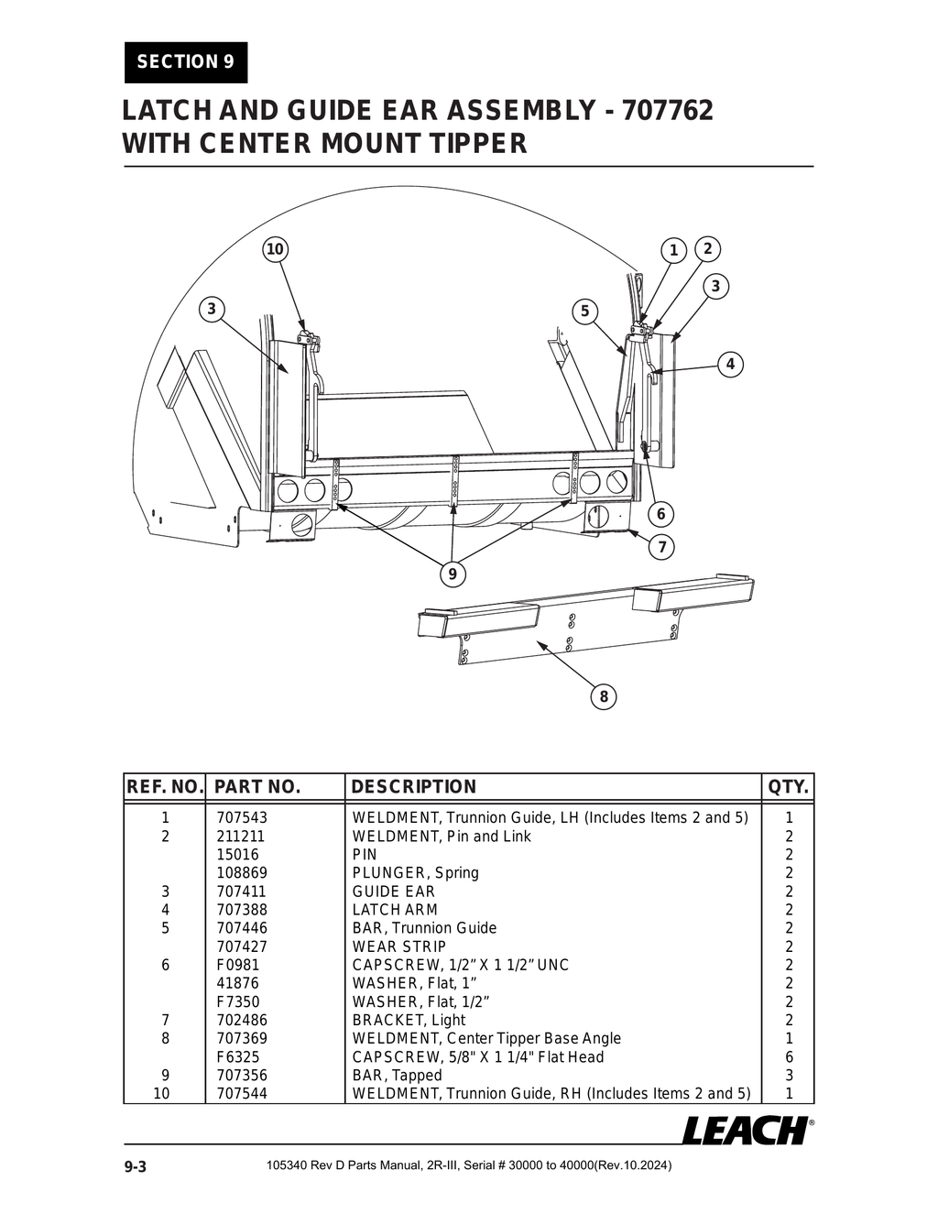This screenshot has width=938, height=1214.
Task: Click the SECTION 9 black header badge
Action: [186, 62]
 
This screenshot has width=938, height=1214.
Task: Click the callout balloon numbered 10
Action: [275, 249]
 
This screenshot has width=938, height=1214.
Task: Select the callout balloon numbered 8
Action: [604, 696]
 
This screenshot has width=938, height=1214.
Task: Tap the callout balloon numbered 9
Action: [452, 574]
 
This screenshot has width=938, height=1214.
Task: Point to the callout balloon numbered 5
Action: [584, 311]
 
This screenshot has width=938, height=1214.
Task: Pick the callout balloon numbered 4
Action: [730, 364]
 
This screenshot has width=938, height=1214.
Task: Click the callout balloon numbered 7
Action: [661, 548]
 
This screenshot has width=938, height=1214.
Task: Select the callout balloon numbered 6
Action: [660, 514]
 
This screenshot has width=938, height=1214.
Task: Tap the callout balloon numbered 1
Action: [673, 250]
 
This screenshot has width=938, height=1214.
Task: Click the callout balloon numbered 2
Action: [707, 248]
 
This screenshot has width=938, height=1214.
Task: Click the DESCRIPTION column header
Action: [414, 787]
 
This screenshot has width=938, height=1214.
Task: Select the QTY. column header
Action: [789, 787]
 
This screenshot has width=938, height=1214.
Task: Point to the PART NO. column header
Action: [257, 787]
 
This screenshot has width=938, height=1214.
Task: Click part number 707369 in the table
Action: [242, 1038]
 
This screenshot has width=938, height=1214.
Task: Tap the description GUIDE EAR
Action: [394, 891]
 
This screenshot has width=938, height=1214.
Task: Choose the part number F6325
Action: [238, 1056]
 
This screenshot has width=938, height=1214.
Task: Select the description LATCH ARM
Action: [395, 910]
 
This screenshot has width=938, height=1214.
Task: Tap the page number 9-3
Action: [136, 1166]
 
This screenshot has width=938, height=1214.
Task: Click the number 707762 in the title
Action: [667, 111]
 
